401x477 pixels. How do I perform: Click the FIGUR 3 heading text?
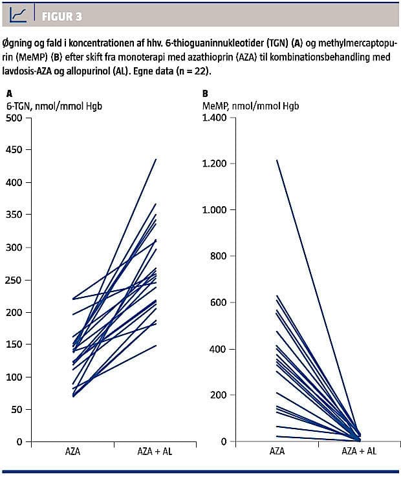62,17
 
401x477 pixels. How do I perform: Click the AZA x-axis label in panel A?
72,452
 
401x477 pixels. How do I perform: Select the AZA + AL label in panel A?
156,452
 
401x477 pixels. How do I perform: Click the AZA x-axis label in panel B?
277,452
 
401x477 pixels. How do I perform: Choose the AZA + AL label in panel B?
358,452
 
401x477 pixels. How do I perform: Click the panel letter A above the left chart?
9,94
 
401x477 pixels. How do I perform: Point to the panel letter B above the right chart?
205,94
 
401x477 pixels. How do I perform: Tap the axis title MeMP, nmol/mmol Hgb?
250,105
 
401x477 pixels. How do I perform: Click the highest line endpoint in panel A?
156,159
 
